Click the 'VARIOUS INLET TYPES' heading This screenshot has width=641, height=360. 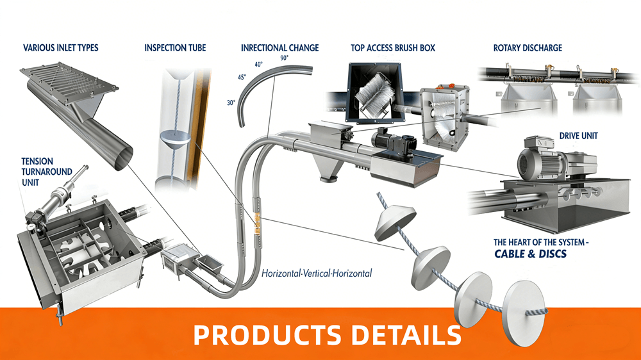pos(60,48)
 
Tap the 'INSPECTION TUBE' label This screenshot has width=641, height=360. pos(175,48)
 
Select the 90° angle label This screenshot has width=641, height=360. pos(285,58)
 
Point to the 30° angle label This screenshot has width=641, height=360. pos(231,103)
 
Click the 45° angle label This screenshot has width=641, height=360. pos(242,78)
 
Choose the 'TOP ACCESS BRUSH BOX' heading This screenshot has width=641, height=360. pos(393,48)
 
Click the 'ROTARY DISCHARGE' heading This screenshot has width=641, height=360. pos(528,48)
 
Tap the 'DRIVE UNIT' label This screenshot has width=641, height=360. pos(578,136)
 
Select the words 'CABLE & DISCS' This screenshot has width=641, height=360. pos(531,254)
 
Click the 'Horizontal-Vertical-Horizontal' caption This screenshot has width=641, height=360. pos(317,273)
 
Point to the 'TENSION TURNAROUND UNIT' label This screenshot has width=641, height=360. pos(47,172)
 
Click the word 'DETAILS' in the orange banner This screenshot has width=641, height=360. pos(406,335)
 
